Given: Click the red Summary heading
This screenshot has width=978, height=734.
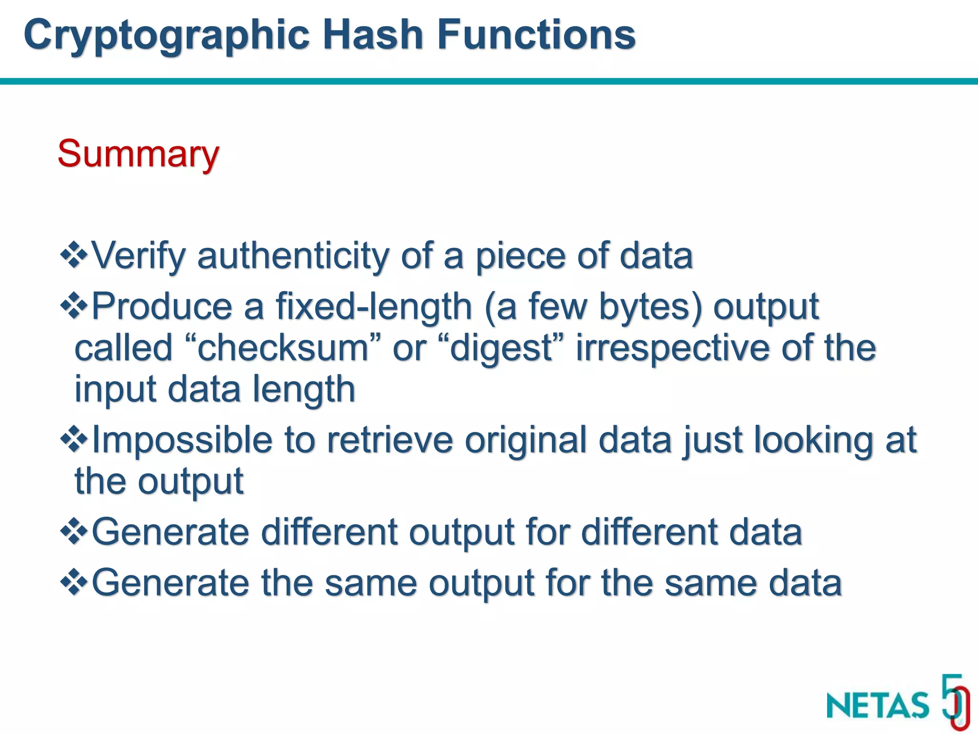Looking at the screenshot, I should (x=138, y=154).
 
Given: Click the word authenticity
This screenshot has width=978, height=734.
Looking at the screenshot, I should (x=293, y=256).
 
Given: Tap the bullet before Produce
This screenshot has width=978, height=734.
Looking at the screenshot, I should (x=74, y=306).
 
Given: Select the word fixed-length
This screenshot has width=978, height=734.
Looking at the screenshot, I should (x=373, y=307).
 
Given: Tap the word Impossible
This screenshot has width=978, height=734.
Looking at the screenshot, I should (x=181, y=440).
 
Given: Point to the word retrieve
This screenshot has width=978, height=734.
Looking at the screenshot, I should (x=390, y=440).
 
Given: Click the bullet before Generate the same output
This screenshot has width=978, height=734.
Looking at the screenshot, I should (x=74, y=583).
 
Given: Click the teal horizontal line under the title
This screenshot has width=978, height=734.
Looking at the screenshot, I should (x=489, y=81).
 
